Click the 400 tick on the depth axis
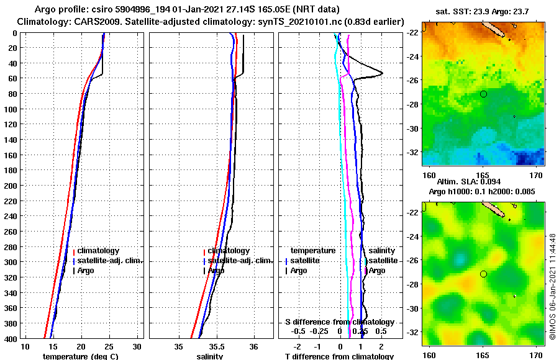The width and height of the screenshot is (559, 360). (x=12, y=338)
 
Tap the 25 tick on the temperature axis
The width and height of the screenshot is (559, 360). (x=109, y=346)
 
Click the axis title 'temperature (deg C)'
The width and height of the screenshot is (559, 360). (x=80, y=356)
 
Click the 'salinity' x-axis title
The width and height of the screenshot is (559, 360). (x=209, y=356)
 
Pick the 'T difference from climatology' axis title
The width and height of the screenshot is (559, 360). (x=339, y=356)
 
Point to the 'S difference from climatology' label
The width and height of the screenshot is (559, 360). (x=339, y=322)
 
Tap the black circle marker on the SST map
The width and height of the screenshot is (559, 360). (x=483, y=94)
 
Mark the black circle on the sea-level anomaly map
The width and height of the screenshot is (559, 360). (x=483, y=274)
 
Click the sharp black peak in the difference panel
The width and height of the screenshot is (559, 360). (x=381, y=73)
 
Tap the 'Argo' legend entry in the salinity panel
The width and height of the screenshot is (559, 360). (x=216, y=271)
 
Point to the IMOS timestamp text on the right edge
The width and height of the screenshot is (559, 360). (x=552, y=286)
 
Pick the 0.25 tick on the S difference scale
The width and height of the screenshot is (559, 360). (x=360, y=332)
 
